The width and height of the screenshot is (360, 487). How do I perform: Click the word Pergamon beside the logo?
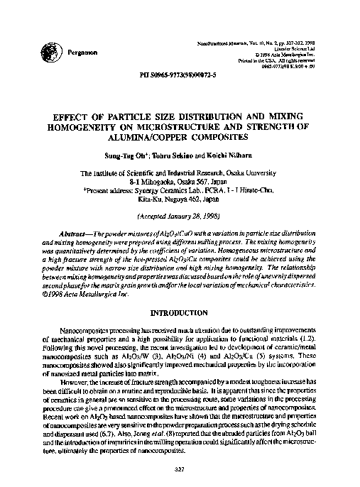(83, 52)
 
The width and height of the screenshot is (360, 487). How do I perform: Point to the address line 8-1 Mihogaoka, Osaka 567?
(180, 182)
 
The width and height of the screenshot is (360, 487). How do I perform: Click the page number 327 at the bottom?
(180, 468)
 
